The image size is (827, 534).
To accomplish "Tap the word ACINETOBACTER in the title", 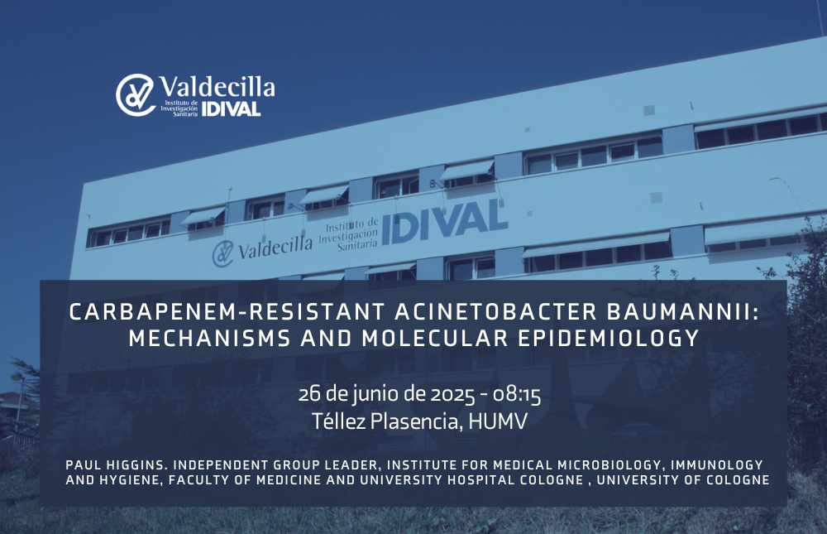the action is point(495,311).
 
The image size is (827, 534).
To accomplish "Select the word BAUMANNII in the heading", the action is point(683,311).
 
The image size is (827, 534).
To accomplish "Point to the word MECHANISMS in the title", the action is point(209,338).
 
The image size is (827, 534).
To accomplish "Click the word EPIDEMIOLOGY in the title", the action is point(609,338).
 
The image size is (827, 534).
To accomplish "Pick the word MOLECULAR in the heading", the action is point(435,338).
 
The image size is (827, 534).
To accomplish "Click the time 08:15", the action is point(517,395).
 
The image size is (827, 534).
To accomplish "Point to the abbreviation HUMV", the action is point(498,421).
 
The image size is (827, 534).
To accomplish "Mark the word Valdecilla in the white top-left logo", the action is point(217,86).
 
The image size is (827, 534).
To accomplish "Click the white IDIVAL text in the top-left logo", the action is point(231,108).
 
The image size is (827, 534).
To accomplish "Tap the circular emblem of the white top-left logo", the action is point(136,95).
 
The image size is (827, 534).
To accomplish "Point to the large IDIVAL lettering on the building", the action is point(445,222).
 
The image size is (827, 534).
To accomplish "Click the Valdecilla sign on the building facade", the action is point(275,248).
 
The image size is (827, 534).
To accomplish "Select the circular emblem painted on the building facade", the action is point(222,254).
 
